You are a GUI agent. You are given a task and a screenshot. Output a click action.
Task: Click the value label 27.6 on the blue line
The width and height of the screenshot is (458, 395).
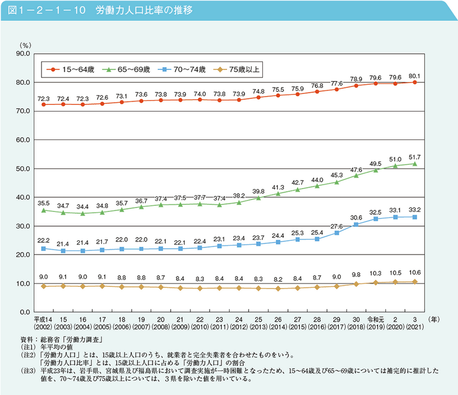click(336, 226)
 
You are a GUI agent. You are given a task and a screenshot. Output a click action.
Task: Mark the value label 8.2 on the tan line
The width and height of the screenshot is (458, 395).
click(278, 279)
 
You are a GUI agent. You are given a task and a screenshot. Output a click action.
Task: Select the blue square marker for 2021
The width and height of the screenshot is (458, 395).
click(415, 217)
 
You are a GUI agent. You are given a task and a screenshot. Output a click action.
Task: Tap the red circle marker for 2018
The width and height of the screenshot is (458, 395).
click(356, 85)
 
